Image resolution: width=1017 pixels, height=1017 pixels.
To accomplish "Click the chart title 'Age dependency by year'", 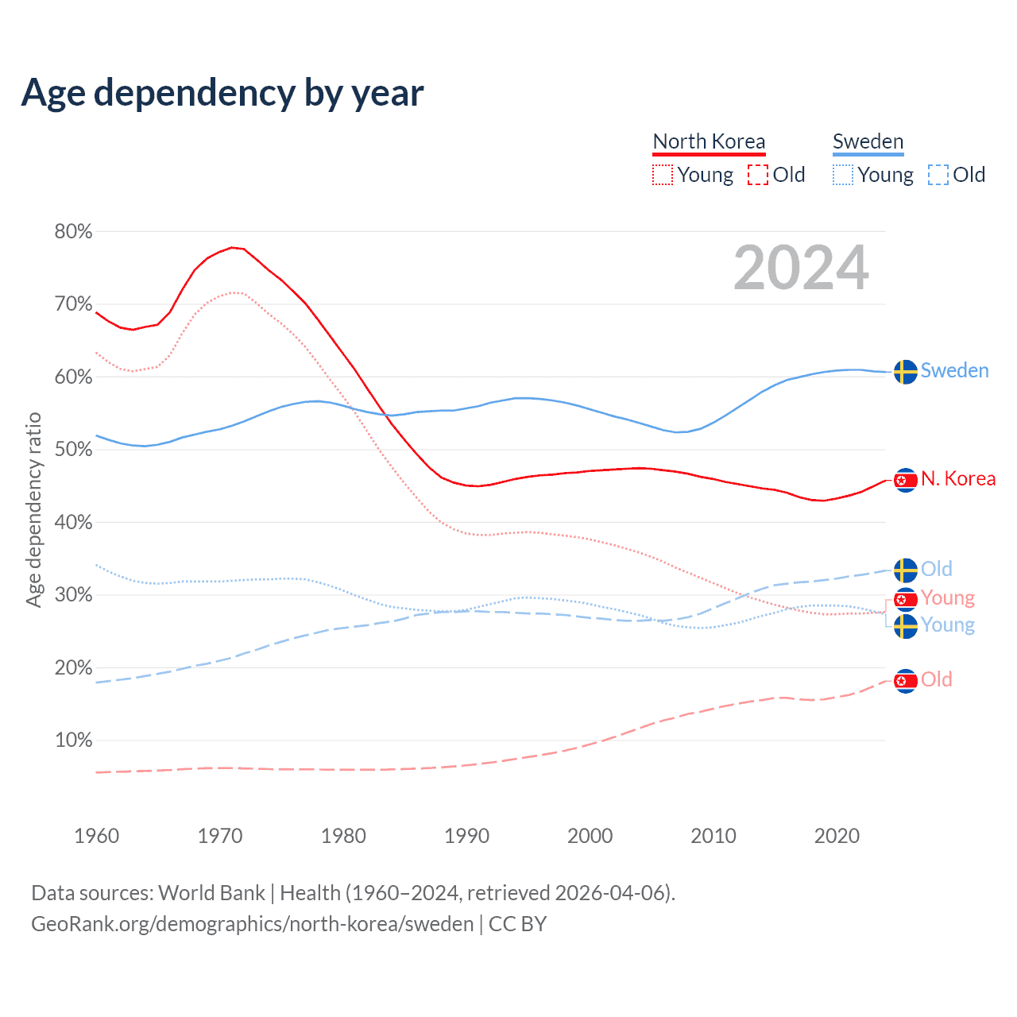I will [222, 93].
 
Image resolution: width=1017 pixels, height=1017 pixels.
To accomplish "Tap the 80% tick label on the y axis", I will [73, 231].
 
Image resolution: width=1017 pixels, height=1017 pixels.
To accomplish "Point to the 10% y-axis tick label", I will [73, 741].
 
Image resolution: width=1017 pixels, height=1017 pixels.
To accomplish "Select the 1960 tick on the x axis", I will [96, 836].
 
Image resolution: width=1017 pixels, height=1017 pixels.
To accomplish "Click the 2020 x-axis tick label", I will [837, 836].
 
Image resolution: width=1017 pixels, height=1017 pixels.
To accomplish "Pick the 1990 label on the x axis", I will [466, 836].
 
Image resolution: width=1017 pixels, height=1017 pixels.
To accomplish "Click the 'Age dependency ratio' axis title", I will [33, 509].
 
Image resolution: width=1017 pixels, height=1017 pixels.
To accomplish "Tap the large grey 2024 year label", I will [801, 268].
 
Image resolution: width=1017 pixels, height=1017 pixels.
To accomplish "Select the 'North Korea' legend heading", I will [709, 141].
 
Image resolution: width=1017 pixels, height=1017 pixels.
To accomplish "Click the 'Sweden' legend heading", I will [868, 141].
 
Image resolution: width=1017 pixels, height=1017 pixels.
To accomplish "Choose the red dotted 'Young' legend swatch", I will [663, 175].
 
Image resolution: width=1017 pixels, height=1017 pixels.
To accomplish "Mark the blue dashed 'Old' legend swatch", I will [938, 175].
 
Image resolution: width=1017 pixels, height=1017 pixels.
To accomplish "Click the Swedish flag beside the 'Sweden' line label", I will [906, 371].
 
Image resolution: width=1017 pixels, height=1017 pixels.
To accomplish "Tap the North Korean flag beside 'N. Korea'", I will [906, 480].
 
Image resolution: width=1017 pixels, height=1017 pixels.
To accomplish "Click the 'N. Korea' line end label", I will [958, 479].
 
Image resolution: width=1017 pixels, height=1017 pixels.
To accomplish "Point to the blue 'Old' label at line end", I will [936, 569].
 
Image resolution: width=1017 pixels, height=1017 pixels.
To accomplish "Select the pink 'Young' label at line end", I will [948, 597].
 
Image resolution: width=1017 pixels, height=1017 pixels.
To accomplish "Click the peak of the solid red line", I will [231, 247].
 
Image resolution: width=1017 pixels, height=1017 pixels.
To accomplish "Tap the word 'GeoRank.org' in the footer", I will [91, 924].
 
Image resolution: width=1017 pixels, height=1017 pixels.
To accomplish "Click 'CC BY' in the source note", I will [517, 924].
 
